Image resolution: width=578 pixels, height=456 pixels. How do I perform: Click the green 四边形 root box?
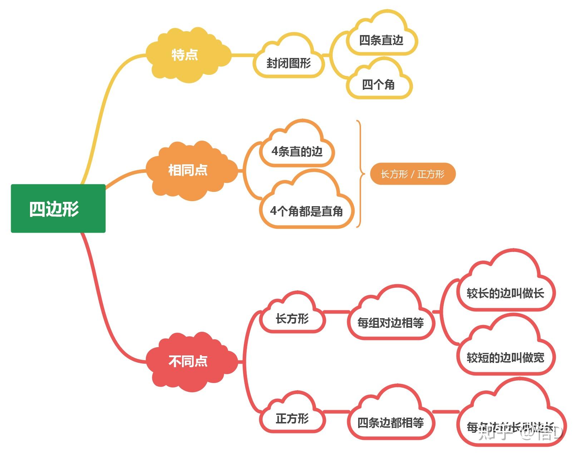[x=58, y=208]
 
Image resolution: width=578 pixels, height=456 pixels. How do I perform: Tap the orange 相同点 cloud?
[x=188, y=170]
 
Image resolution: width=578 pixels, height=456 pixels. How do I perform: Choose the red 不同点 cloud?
[x=188, y=361]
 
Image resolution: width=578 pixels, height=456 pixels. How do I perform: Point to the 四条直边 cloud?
[x=381, y=40]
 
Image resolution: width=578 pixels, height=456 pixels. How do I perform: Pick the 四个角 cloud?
[x=379, y=85]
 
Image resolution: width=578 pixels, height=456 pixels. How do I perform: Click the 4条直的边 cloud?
[x=297, y=151]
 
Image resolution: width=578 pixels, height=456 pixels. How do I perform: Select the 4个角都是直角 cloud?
[x=307, y=211]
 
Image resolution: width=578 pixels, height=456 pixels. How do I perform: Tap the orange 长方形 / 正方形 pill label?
[x=412, y=174]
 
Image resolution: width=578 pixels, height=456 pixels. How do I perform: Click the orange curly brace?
[x=360, y=174]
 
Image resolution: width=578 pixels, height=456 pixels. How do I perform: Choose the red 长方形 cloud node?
[x=292, y=318]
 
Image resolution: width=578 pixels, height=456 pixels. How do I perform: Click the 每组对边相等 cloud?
[x=390, y=323]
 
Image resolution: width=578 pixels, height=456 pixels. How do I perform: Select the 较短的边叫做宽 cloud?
[x=505, y=357]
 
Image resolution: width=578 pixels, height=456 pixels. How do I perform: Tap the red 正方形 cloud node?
[x=292, y=418]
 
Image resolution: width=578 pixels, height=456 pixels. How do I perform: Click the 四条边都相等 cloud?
[x=390, y=423]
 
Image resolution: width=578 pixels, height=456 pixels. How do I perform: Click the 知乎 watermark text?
[x=495, y=433]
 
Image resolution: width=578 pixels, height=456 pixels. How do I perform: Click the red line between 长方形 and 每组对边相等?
[x=336, y=312]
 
